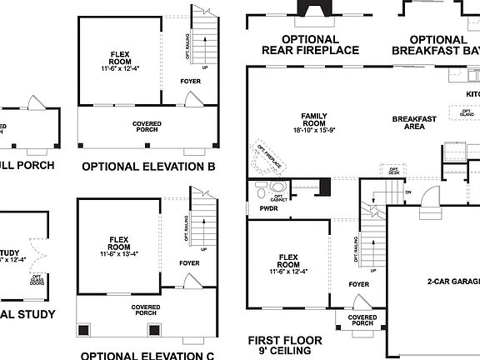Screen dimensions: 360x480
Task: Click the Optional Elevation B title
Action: pos(148,167)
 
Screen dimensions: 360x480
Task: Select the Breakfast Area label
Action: pos(414,123)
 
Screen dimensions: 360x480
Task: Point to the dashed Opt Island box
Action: pos(461,111)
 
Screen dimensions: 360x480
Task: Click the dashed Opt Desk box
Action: pos(393,171)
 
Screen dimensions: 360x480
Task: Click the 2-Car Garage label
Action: pos(449,282)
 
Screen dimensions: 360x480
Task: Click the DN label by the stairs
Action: pos(407,192)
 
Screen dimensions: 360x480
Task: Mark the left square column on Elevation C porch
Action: pos(83,330)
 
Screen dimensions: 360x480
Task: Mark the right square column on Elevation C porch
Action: pos(154,330)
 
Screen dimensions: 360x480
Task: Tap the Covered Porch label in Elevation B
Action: pos(147,127)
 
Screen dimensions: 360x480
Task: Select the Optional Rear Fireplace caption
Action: pos(311,44)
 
